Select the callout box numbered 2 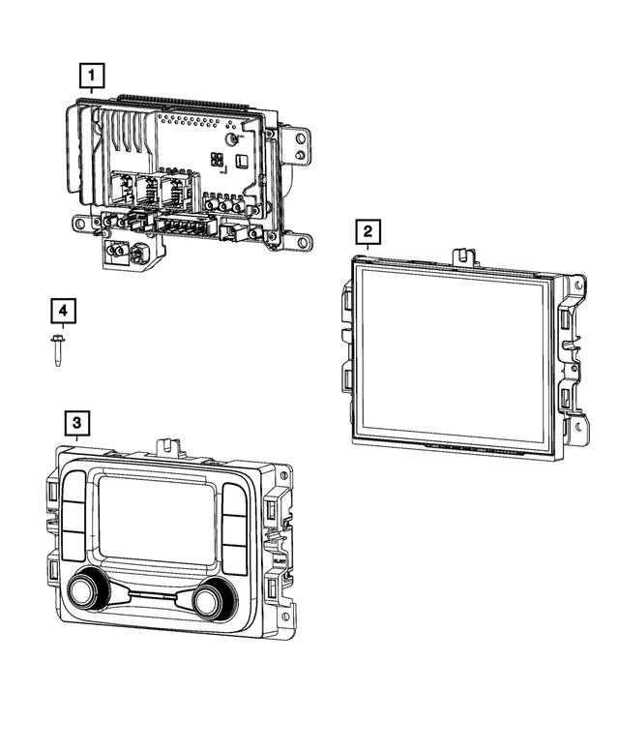368,232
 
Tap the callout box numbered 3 78,422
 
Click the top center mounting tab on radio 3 166,447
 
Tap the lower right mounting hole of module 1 303,241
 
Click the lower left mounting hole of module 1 81,225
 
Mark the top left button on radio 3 75,489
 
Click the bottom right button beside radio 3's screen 236,558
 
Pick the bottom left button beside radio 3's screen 75,548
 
